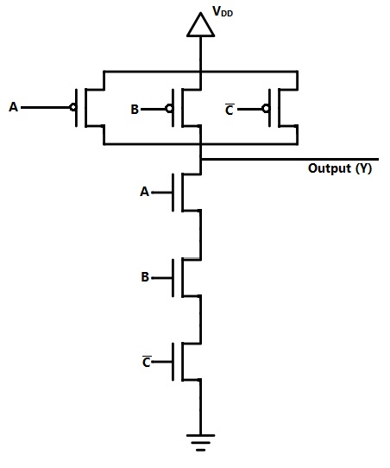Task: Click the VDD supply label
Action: tap(223, 11)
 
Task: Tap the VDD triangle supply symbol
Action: tap(200, 25)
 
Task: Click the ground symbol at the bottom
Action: tap(200, 442)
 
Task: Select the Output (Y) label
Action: tap(340, 168)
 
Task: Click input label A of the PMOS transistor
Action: tap(14, 107)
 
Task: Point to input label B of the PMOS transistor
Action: tap(135, 110)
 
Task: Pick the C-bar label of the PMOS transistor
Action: tap(229, 110)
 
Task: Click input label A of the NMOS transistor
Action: tap(144, 192)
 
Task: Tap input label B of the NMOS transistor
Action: tap(145, 276)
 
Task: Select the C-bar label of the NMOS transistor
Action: tap(147, 361)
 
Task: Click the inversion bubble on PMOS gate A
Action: tap(73, 107)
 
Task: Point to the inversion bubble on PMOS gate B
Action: tap(169, 109)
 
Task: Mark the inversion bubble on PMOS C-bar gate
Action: tap(266, 109)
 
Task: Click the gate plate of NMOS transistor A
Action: tap(173, 193)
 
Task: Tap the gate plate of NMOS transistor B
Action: tap(173, 278)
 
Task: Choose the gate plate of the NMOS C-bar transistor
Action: tap(173, 362)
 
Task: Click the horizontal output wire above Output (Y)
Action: tap(290, 160)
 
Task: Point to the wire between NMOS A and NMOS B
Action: tap(200, 235)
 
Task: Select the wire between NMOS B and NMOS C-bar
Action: tap(200, 319)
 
